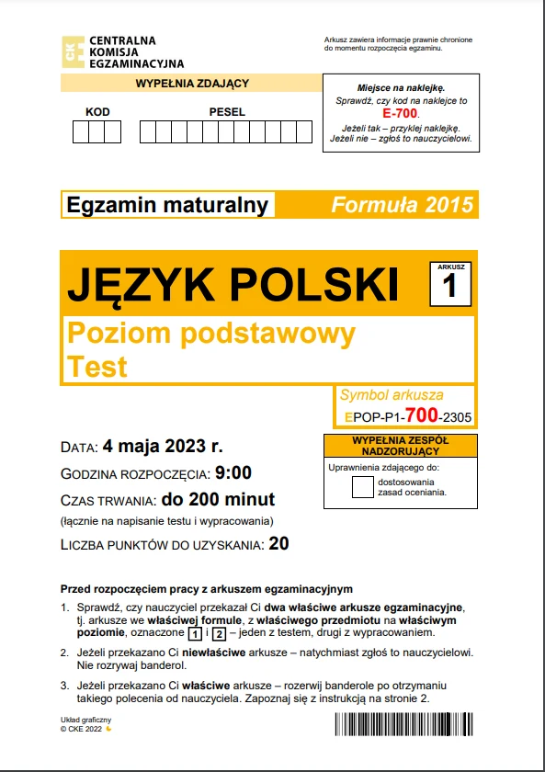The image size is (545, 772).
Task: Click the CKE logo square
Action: [x=72, y=51]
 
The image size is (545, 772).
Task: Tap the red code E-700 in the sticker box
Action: [x=400, y=112]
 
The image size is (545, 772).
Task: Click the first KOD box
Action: [x=81, y=132]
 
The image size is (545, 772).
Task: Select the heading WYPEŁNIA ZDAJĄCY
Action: [x=192, y=84]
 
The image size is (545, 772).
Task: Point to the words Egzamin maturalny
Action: [x=167, y=205]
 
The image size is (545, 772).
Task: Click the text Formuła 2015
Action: [x=402, y=205]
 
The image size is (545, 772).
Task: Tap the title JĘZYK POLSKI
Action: [x=233, y=285]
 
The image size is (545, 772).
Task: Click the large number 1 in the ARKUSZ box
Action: [x=449, y=287]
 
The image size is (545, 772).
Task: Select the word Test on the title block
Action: [x=97, y=368]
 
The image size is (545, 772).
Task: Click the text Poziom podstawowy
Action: [x=211, y=333]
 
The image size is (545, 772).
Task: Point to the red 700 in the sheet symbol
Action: [x=426, y=416]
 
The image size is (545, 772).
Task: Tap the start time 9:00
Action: [x=233, y=474]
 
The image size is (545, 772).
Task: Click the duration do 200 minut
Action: [x=218, y=500]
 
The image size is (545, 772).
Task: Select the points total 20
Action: [x=279, y=543]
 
